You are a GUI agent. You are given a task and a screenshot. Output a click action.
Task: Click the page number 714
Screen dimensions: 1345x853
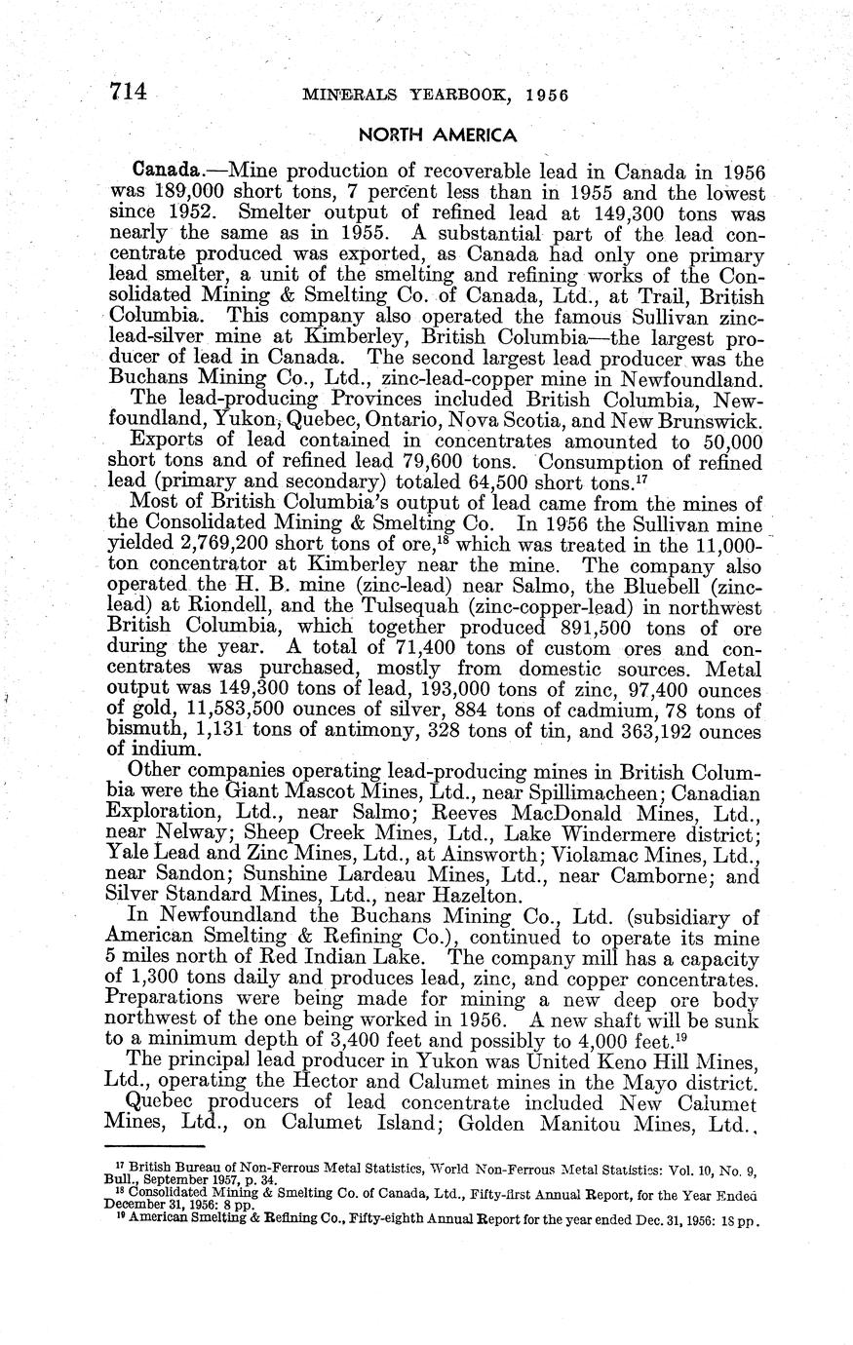pos(128,92)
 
